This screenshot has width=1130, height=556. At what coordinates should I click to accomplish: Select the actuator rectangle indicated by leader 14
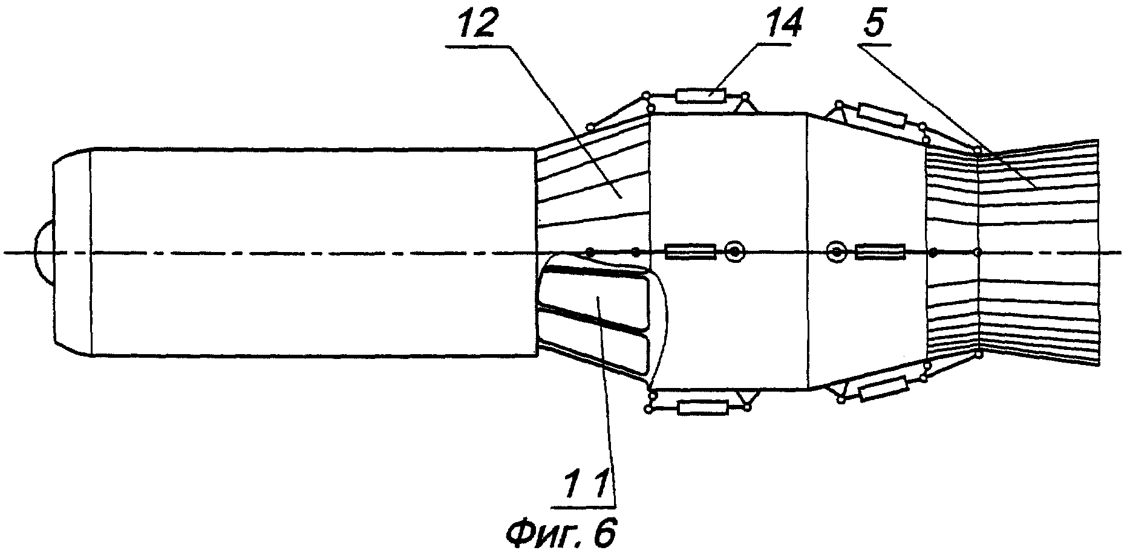point(700,95)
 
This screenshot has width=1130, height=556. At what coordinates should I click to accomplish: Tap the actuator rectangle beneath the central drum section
point(702,409)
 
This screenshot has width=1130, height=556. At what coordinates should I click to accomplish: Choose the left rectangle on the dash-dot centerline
point(690,251)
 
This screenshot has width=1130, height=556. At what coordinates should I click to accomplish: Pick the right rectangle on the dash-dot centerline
point(880,251)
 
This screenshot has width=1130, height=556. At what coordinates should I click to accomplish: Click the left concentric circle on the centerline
point(735,251)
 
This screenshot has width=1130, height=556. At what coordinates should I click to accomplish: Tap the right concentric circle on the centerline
point(837,251)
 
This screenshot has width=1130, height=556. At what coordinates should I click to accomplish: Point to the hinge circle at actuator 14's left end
point(646,95)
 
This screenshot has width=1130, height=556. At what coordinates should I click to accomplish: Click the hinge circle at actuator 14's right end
point(745,95)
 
